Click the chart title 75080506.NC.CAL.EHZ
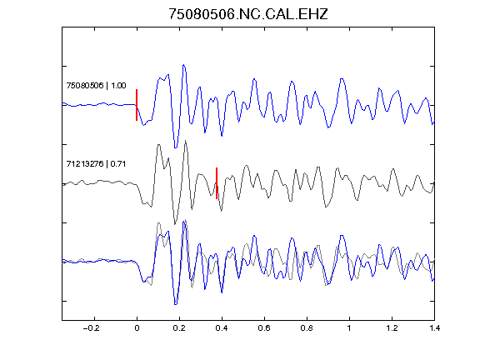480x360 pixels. coord(248,14)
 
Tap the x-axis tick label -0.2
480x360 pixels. coord(92,328)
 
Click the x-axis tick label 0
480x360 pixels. coord(137,328)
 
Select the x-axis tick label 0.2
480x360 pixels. coord(179,328)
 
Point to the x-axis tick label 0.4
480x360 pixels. coord(222,328)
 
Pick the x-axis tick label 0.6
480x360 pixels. coord(264,328)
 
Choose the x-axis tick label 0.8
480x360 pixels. coord(307,328)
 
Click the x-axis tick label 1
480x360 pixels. coord(349,328)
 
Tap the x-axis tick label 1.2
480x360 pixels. coord(392,328)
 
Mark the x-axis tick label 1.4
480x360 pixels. coord(434,328)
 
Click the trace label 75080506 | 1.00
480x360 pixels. coord(96,85)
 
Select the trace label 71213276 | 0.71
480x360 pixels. coord(96,164)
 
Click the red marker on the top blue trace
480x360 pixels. coord(137,105)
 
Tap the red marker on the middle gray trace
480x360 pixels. coord(217,183)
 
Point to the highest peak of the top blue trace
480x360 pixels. coord(183,65)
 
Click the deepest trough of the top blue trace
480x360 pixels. coord(176,147)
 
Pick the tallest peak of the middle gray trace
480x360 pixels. coord(186,141)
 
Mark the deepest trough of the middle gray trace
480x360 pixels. coord(175,224)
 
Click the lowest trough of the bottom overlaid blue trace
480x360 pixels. coord(176,304)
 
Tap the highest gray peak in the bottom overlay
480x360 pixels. coord(186,220)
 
